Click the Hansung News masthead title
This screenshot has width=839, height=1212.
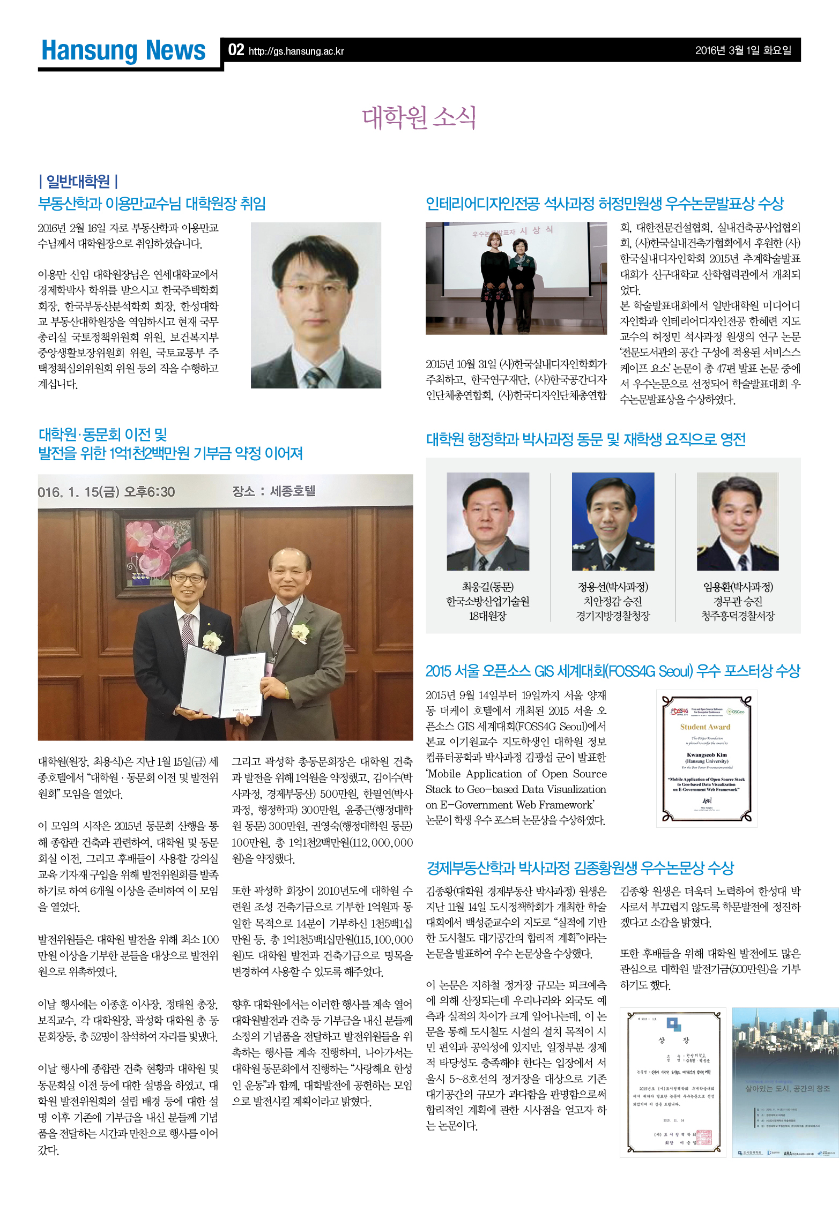123,51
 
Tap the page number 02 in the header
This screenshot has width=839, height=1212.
236,50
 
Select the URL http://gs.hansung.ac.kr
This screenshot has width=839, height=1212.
296,51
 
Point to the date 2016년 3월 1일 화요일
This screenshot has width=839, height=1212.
743,50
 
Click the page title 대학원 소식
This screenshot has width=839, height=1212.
419,118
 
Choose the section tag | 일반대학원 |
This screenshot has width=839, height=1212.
78,182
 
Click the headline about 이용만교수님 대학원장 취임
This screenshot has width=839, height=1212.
152,204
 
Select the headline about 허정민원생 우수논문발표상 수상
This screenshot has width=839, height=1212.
604,204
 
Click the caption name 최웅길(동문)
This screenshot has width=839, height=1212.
487,587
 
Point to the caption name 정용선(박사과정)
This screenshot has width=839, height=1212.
613,587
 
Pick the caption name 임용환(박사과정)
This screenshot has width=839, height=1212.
738,587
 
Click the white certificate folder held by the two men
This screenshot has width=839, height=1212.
222,680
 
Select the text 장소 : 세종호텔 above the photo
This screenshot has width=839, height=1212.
273,491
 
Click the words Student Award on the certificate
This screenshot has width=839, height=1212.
705,727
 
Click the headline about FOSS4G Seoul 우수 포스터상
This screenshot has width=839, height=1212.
612,671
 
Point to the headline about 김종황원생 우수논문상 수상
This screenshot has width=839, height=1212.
580,867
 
